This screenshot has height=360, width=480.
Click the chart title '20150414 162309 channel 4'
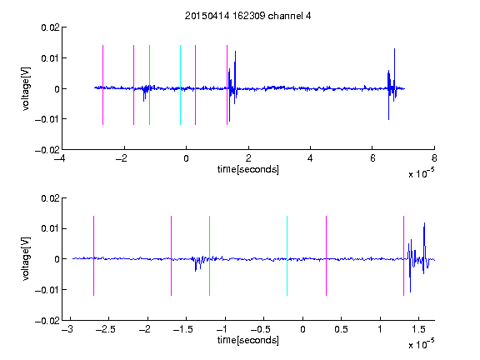(x=247, y=16)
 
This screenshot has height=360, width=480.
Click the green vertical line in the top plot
(x=149, y=85)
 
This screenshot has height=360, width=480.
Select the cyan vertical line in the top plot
(x=180, y=85)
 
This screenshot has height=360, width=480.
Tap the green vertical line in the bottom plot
(x=209, y=256)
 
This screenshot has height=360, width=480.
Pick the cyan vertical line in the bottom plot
(x=287, y=256)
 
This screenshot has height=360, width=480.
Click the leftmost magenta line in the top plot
(x=102, y=85)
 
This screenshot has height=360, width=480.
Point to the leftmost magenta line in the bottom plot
(x=93, y=256)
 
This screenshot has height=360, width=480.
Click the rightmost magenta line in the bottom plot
(x=403, y=256)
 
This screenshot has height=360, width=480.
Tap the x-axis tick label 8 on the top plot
(x=434, y=158)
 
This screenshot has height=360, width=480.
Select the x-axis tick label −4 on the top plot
(x=59, y=158)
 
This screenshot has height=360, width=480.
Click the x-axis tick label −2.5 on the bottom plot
(x=105, y=329)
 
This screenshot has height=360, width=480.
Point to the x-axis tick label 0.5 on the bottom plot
(x=341, y=329)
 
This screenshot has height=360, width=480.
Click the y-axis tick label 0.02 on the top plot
(x=50, y=27)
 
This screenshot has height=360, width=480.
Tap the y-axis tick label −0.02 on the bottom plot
(x=47, y=321)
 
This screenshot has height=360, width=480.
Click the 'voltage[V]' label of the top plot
(x=26, y=89)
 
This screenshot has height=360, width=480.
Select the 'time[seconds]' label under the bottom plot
(x=248, y=340)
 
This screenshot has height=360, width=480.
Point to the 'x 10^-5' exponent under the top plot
(x=421, y=173)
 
